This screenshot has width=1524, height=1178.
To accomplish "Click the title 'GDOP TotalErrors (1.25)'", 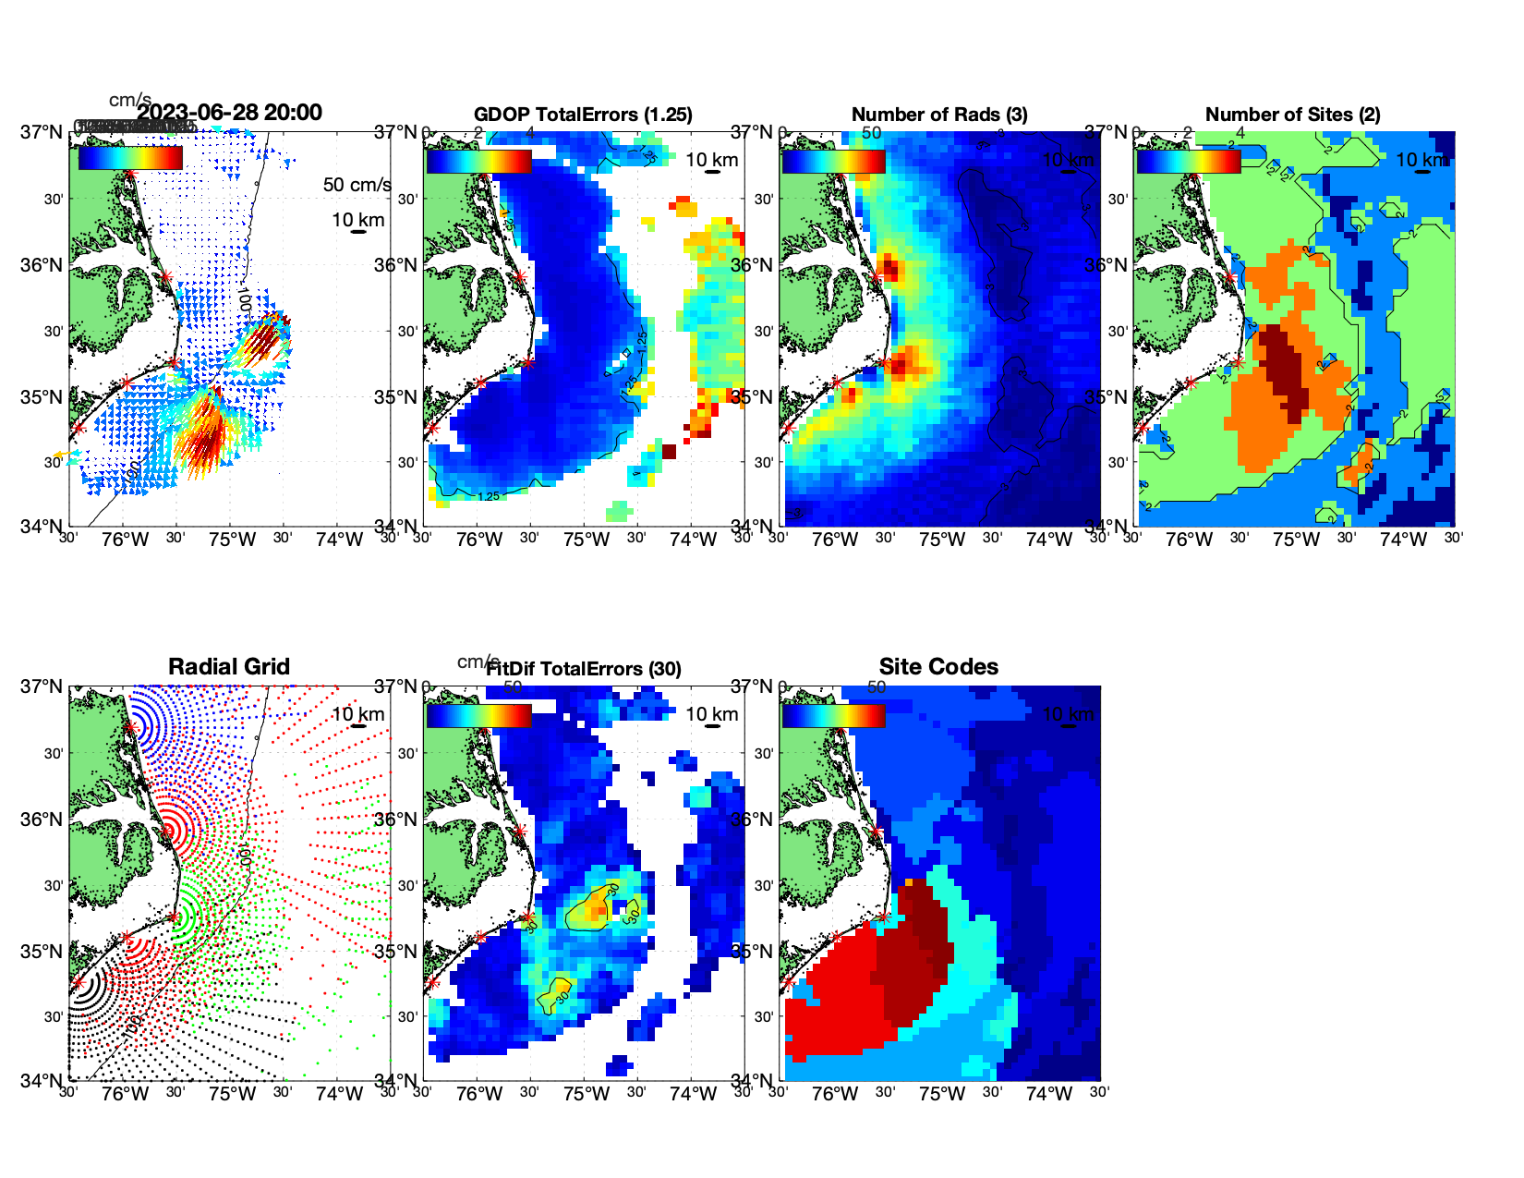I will click(x=583, y=115).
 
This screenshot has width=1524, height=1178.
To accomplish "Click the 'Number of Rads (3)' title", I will click(x=938, y=115).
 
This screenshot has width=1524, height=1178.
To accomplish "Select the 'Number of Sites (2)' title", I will click(x=1292, y=115).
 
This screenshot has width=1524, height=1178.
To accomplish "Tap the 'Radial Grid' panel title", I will click(x=229, y=667).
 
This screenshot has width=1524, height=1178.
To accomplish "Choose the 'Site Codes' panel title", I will click(x=938, y=667).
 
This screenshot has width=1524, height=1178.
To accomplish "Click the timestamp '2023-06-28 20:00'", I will click(x=230, y=113).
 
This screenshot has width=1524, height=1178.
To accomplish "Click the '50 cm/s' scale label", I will click(x=357, y=185).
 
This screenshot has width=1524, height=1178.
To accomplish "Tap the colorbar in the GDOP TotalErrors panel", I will click(x=478, y=161).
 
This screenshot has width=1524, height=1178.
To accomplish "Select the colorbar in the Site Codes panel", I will click(x=833, y=715).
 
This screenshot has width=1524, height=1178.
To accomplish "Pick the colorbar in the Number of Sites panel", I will click(x=1188, y=161).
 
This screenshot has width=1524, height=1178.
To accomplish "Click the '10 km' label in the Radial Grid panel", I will click(x=357, y=714).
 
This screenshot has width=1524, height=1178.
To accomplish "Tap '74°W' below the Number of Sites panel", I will click(x=1402, y=540).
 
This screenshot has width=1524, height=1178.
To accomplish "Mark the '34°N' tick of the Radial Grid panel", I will click(x=42, y=1080).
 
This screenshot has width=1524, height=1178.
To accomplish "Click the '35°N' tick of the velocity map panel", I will click(x=42, y=397).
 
